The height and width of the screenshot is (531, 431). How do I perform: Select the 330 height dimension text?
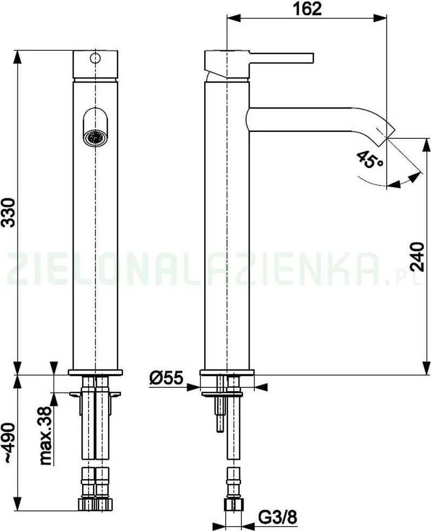pyautogui.click(x=8, y=212)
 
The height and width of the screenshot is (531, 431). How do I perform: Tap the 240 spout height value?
pyautogui.click(x=417, y=257)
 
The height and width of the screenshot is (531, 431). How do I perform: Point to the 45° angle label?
pyautogui.click(x=370, y=159)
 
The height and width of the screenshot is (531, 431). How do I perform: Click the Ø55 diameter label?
pyautogui.click(x=166, y=378)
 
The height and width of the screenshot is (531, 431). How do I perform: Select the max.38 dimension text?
pyautogui.click(x=45, y=436)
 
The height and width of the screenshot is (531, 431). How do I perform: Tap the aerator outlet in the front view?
pyautogui.click(x=95, y=138)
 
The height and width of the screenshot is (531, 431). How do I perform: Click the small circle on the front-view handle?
pyautogui.click(x=96, y=58)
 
